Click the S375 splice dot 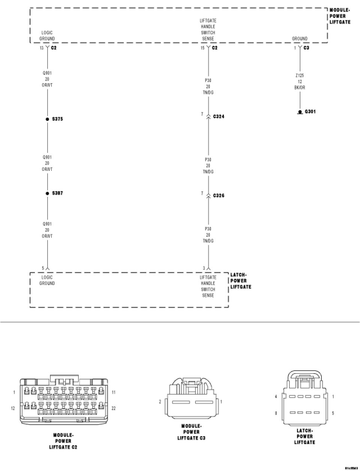(47, 119)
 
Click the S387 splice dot (47, 193)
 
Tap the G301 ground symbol (300, 112)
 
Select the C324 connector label (219, 117)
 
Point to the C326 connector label (219, 196)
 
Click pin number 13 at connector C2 (42, 48)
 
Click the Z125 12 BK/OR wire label (300, 81)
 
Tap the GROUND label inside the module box (300, 39)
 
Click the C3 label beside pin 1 (306, 48)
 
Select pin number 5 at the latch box (43, 268)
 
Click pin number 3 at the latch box (204, 268)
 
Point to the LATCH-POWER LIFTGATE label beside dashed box (240, 281)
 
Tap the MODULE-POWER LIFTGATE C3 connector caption (191, 432)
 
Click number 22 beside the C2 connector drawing (114, 408)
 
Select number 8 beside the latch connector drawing (276, 414)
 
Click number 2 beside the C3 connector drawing (160, 402)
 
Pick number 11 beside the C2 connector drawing (114, 392)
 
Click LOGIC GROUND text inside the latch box (47, 280)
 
